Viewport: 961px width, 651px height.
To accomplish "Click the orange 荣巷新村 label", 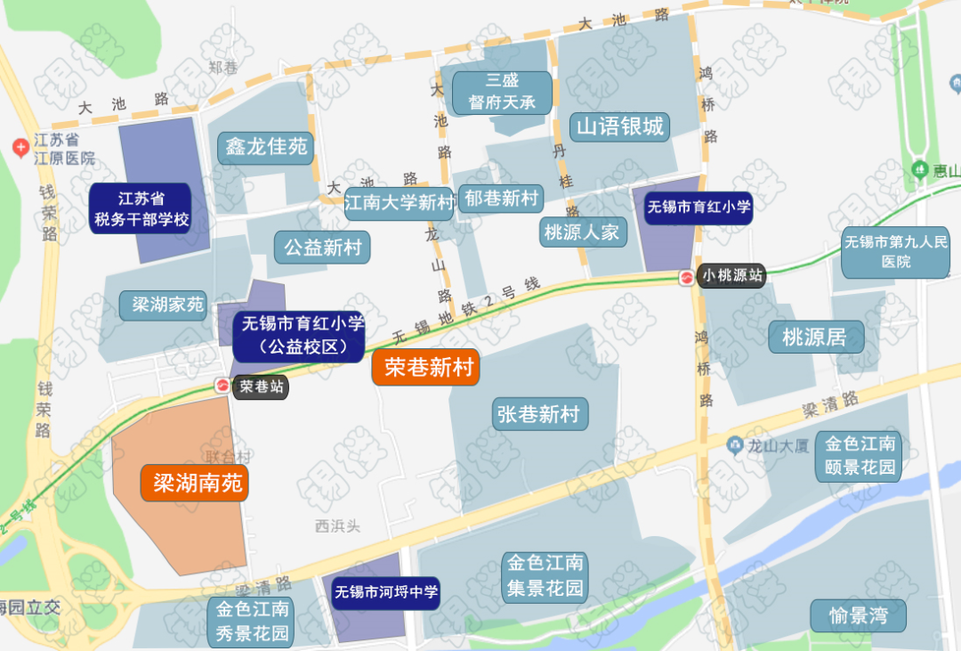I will tap(425, 367).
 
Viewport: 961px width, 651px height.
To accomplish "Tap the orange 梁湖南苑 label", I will tap(195, 484).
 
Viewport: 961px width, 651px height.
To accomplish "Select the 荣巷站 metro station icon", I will tap(222, 387).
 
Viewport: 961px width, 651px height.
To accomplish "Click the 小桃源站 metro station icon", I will tap(687, 276).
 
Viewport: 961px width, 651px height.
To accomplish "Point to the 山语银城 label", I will tap(620, 126).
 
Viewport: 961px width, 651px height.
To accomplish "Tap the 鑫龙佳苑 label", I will tap(266, 147).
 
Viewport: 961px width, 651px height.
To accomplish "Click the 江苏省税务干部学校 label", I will tap(141, 208).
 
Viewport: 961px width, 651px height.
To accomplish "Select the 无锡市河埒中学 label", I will tap(386, 591).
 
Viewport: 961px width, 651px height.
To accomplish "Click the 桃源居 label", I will tap(810, 337).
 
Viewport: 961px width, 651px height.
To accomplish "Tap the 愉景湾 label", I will tap(858, 615).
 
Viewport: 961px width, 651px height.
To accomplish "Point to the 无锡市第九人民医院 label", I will tap(896, 252).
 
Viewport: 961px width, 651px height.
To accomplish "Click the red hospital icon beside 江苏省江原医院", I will tap(20, 148).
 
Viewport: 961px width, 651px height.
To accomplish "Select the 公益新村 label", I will tap(322, 247).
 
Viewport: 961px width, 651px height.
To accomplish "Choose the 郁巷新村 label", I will tap(502, 198).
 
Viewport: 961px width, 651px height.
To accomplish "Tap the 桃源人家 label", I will tap(581, 233).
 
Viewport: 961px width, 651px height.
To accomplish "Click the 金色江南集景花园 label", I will tap(545, 576).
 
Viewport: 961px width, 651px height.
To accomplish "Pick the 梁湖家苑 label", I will tap(168, 305).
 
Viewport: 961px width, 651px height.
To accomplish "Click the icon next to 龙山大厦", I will tap(735, 443).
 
